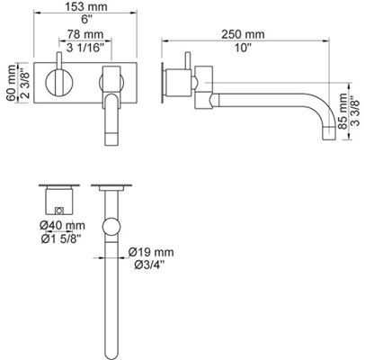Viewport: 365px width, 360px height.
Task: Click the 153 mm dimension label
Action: pyautogui.click(x=85, y=6)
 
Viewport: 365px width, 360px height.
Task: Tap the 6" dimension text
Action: pyautogui.click(x=86, y=20)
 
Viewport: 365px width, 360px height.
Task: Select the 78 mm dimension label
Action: pyautogui.click(x=85, y=34)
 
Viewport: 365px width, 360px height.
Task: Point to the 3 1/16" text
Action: pyautogui.click(x=85, y=48)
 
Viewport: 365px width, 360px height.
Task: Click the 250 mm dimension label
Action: pyautogui.click(x=243, y=34)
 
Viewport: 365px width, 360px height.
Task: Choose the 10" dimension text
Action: pyautogui.click(x=243, y=48)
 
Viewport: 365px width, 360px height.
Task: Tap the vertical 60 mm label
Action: pyautogui.click(x=12, y=83)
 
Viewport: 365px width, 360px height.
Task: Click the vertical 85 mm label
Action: pyautogui.click(x=343, y=112)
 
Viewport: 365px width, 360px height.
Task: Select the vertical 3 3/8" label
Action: pyautogui.click(x=356, y=112)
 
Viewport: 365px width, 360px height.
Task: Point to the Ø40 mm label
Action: pyautogui.click(x=62, y=225)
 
